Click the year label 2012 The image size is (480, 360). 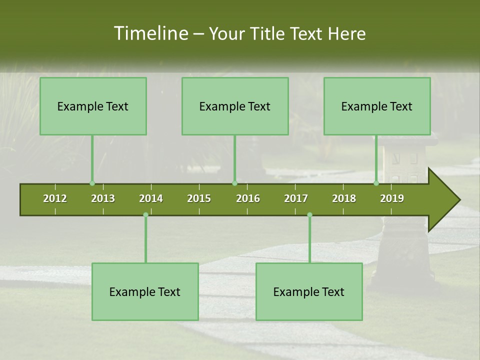coord(55,198)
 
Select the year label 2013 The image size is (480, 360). coord(103,198)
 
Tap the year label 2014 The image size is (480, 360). coord(151,198)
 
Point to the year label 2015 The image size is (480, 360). coord(199,198)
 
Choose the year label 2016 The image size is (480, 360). coord(248,198)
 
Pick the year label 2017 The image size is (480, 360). coord(296,198)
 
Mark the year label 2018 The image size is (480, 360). coord(344,198)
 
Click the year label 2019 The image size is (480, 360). coord(392,198)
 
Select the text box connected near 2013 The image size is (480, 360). coord(93,106)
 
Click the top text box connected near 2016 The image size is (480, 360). coord(235,106)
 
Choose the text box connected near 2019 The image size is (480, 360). coord(377,106)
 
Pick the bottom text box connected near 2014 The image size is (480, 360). coord(145,291)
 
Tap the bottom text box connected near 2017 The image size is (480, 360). coord(309,291)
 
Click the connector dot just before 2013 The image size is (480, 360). coord(92,183)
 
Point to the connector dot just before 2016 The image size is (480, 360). coord(234,183)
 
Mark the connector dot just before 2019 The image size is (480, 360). coord(376,183)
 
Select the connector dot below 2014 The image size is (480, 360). coord(145,215)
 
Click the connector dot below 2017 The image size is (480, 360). coord(309,215)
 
